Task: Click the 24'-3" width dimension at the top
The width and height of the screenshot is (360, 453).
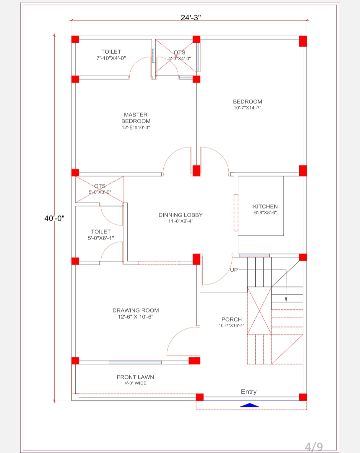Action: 191,17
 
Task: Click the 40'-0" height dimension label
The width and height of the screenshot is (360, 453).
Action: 54,219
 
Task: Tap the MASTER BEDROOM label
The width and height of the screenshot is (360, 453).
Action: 136,118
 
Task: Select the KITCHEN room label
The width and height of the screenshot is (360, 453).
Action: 265,207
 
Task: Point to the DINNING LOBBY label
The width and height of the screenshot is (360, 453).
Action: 180,215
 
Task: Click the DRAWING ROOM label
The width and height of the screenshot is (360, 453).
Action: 136,310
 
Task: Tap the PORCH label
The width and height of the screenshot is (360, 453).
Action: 231,319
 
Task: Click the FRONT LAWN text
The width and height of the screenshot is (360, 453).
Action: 135,377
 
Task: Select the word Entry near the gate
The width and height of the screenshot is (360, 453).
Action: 249,392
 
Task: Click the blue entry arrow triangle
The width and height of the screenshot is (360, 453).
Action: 249,405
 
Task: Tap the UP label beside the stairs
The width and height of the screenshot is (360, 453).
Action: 234,270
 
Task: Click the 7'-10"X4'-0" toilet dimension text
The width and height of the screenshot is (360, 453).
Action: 111,58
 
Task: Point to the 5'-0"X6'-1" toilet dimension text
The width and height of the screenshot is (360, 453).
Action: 101,238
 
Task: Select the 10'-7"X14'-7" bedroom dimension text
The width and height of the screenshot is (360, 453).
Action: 247,108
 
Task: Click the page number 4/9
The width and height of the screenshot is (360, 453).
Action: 314,446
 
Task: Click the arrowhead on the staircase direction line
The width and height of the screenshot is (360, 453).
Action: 286,300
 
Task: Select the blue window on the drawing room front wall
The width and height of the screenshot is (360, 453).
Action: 135,362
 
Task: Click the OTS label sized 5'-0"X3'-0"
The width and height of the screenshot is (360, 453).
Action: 100,186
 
